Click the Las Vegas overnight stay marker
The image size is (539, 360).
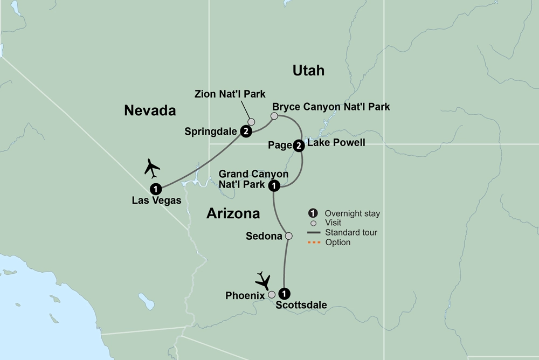click(x=156, y=189)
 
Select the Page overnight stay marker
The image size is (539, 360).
click(x=299, y=144)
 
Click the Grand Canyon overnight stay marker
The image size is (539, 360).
click(x=274, y=186)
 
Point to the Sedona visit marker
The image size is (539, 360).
click(x=288, y=236)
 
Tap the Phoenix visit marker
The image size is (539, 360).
click(x=272, y=294)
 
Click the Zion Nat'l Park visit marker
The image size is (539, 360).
click(x=251, y=122)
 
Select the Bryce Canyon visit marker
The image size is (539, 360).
click(x=274, y=116)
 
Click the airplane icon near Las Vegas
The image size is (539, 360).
click(x=153, y=168)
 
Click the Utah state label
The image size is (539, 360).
click(x=308, y=70)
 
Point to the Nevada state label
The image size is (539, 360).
click(x=150, y=110)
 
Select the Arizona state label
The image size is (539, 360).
click(x=233, y=213)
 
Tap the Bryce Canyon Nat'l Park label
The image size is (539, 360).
click(x=331, y=107)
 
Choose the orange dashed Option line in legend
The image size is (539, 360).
click(x=314, y=243)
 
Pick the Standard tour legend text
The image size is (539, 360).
click(x=351, y=233)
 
